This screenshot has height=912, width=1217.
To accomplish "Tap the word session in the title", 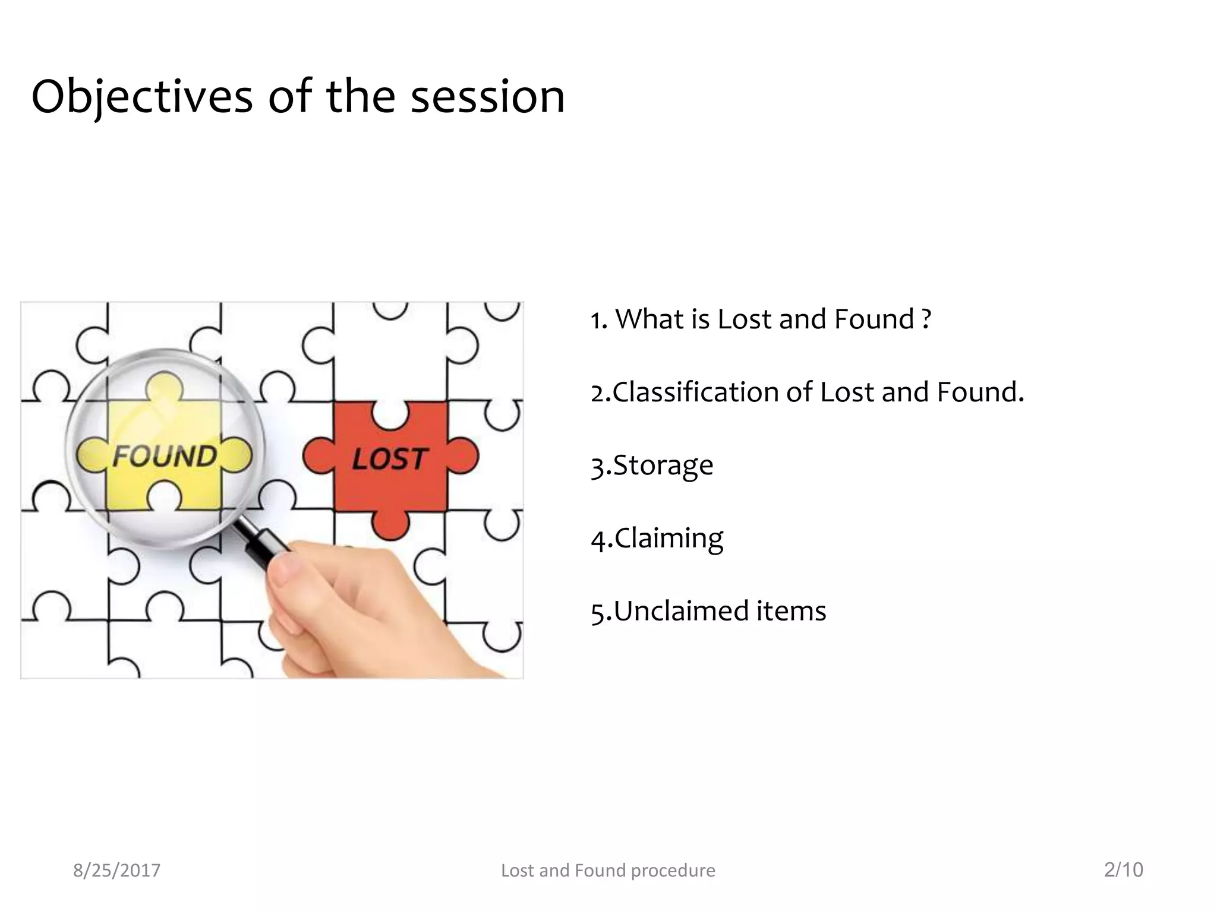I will [x=487, y=97].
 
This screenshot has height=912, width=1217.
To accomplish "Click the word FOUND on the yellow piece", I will [x=165, y=456].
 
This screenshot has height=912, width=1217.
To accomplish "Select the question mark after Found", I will [x=926, y=319].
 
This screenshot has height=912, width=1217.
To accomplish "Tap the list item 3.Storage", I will [x=652, y=465].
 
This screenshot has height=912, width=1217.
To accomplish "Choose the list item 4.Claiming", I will [x=657, y=539].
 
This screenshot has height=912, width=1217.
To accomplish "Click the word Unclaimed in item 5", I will [x=679, y=612].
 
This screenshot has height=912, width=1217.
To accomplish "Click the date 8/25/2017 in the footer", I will [x=116, y=870].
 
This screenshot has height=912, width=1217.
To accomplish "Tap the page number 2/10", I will [x=1123, y=870].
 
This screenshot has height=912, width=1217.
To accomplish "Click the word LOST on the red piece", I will [x=389, y=459].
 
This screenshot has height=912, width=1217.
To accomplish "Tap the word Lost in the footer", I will [x=518, y=870].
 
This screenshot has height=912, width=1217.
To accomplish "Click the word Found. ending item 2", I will [x=980, y=392].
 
